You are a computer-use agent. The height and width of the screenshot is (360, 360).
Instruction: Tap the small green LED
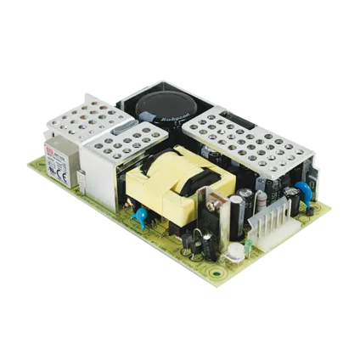tap(246, 247)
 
